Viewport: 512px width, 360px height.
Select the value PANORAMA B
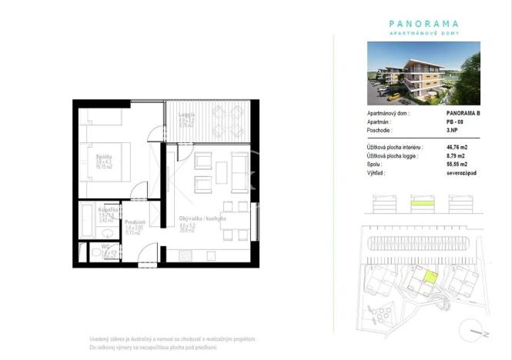point(463,114)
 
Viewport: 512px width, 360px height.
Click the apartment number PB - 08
point(456,122)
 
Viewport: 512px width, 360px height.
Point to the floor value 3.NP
point(453,131)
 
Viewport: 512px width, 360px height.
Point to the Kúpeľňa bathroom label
point(108,209)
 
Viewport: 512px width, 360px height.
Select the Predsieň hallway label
point(136,223)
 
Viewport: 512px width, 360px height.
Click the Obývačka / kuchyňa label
point(202,218)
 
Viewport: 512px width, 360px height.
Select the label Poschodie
point(383,131)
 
